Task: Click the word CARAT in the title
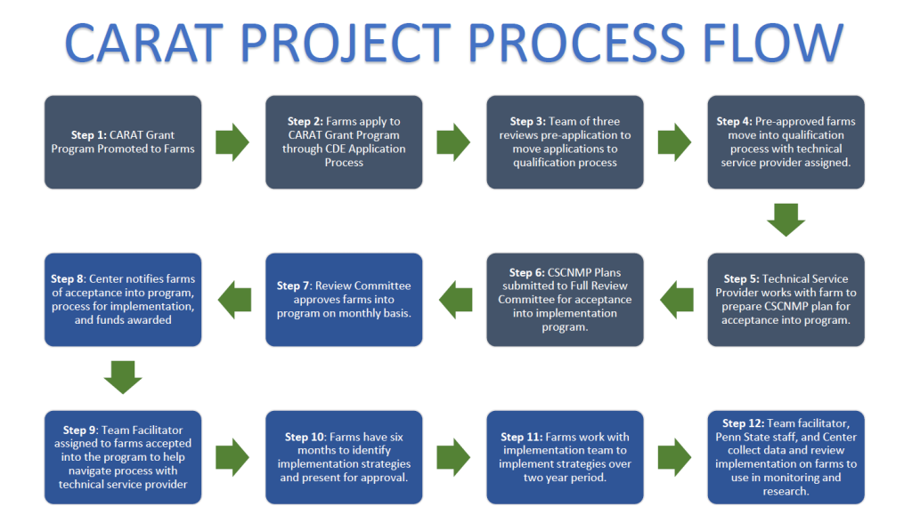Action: pyautogui.click(x=143, y=43)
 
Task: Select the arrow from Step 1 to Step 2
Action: pyautogui.click(x=232, y=141)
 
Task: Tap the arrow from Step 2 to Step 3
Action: pyautogui.click(x=453, y=141)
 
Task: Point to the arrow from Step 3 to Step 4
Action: pyautogui.click(x=674, y=141)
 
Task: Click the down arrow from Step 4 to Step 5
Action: pyautogui.click(x=786, y=220)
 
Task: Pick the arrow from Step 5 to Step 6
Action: pyautogui.click(x=677, y=300)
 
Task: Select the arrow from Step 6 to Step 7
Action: pyautogui.click(x=455, y=300)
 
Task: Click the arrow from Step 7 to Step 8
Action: pyautogui.click(x=234, y=300)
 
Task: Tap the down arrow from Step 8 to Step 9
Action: pyautogui.click(x=123, y=377)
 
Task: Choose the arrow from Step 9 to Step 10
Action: pyautogui.click(x=232, y=457)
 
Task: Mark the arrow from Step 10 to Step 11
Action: pyautogui.click(x=453, y=457)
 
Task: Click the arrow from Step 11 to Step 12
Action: pyautogui.click(x=674, y=457)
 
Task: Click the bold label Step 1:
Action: pyautogui.click(x=89, y=135)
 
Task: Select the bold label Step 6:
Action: pyautogui.click(x=527, y=272)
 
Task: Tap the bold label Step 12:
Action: pyautogui.click(x=744, y=423)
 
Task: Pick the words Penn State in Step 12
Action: pyautogui.click(x=744, y=437)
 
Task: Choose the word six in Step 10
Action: pyautogui.click(x=396, y=437)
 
